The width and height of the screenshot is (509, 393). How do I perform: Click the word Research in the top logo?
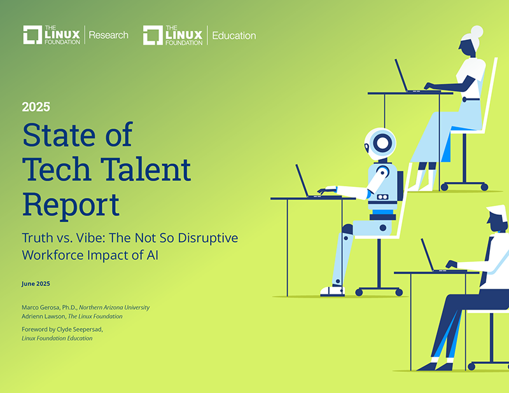point(108,35)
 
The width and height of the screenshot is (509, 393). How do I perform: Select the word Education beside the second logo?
point(234,35)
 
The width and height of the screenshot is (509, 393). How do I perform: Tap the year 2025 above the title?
point(36,107)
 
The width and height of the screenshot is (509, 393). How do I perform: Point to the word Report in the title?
point(71,203)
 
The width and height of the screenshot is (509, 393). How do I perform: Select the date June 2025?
point(36,284)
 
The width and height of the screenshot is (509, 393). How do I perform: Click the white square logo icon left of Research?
point(32,35)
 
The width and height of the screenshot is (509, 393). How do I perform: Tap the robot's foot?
point(331,291)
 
